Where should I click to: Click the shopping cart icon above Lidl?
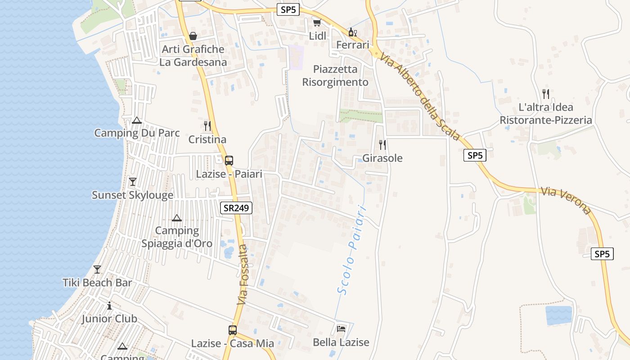(317, 22)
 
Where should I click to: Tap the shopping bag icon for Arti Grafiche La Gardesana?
(193, 36)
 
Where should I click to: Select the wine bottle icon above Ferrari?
(352, 32)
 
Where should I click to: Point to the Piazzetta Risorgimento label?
(335, 76)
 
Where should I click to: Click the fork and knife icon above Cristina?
(207, 126)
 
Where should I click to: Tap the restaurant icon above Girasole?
(382, 145)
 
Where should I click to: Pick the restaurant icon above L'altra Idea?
(546, 94)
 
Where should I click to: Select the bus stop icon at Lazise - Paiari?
(229, 160)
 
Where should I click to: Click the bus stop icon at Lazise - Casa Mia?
(232, 330)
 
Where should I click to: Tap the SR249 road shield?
(236, 208)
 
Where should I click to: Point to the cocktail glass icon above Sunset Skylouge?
(132, 182)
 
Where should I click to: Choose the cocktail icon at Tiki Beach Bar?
(97, 270)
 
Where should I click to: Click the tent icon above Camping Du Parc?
(137, 120)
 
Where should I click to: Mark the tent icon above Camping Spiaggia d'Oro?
(177, 218)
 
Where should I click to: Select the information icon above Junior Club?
(109, 306)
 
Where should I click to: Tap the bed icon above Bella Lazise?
(341, 329)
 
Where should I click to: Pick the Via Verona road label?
(566, 201)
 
